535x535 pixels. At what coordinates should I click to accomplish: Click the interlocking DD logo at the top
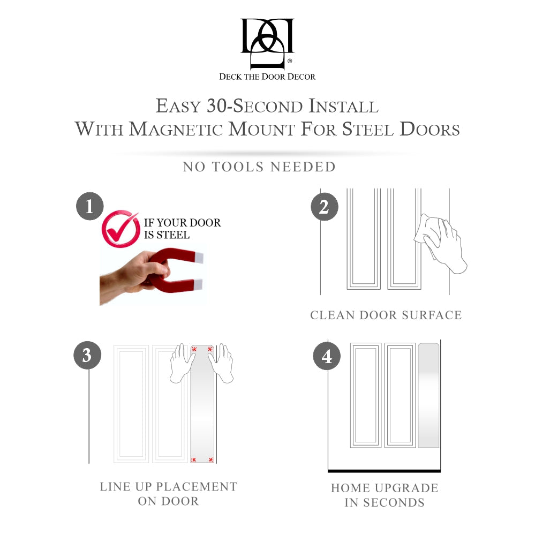(267, 43)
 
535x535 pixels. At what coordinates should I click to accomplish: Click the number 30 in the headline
(217, 106)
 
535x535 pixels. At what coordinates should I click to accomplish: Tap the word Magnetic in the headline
(176, 129)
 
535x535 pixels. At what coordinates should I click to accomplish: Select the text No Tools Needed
(259, 167)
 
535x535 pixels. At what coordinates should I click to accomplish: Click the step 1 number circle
(90, 206)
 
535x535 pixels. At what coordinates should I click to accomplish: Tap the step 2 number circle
(325, 207)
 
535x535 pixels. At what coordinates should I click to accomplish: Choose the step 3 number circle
(87, 355)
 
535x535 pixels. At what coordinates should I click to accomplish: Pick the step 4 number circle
(327, 356)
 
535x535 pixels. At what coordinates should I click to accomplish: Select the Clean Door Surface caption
(386, 315)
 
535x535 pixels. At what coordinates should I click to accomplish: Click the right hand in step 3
(222, 363)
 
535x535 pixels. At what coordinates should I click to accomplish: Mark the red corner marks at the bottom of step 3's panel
(202, 460)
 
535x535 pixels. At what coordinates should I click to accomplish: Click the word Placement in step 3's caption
(196, 487)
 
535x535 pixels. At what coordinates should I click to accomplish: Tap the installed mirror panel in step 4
(428, 395)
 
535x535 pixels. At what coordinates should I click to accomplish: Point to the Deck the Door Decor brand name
(267, 77)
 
